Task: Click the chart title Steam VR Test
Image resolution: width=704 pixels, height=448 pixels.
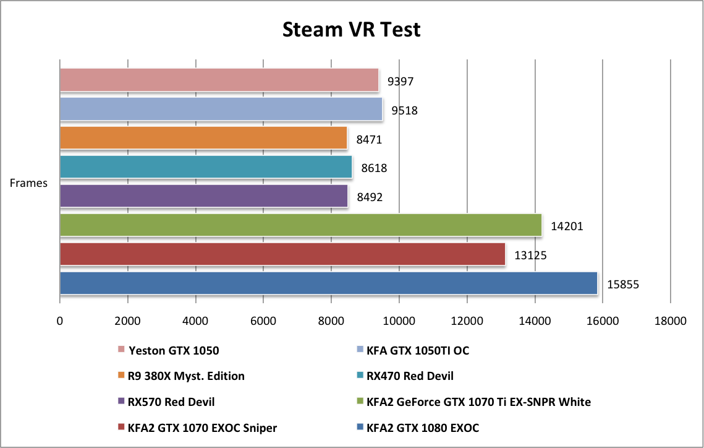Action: click(351, 29)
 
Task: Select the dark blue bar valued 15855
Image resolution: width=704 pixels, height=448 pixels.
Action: click(328, 283)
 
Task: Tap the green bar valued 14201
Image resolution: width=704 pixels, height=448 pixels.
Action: click(300, 225)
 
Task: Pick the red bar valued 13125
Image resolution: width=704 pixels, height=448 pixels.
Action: click(282, 254)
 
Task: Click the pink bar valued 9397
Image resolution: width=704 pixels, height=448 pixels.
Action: click(219, 80)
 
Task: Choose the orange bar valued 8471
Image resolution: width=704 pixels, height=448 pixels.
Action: click(203, 138)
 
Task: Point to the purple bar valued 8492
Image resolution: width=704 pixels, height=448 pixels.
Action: click(204, 196)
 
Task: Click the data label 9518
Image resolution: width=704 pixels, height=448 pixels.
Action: click(405, 111)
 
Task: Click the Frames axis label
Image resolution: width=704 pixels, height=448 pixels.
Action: click(29, 183)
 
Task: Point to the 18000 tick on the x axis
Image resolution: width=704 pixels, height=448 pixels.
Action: click(671, 321)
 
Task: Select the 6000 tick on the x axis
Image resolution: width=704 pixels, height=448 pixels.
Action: click(263, 321)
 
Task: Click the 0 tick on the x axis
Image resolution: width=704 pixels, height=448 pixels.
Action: click(60, 321)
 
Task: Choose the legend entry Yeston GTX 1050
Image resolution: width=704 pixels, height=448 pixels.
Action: click(174, 350)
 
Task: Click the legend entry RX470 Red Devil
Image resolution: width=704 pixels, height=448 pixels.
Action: click(410, 376)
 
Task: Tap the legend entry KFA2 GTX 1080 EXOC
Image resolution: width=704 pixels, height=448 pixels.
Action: click(423, 428)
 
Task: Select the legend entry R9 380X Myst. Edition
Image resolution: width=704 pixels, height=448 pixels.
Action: click(186, 376)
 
